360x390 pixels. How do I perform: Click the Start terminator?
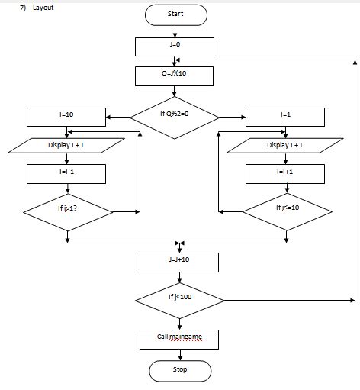(175, 15)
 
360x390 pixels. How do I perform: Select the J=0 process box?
(175, 46)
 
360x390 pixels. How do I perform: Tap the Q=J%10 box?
(175, 76)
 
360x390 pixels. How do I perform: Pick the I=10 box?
(66, 116)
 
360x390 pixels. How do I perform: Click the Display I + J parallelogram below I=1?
(284, 145)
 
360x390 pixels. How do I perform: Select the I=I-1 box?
(66, 174)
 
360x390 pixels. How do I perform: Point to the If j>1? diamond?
(67, 208)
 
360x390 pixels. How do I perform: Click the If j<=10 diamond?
(287, 208)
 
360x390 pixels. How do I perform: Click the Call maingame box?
(179, 337)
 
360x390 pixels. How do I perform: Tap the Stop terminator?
(179, 370)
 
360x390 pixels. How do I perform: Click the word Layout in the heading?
(43, 8)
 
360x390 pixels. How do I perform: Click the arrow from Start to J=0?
(175, 31)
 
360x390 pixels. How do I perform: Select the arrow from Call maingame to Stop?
(179, 353)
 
